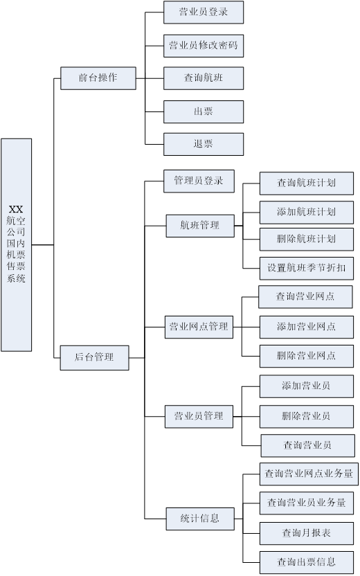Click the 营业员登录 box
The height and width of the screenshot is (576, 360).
[x=204, y=12]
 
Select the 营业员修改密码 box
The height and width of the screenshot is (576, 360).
[x=204, y=46]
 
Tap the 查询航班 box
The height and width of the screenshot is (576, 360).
[x=204, y=78]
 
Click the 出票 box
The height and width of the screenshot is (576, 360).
[x=204, y=111]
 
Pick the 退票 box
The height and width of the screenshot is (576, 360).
[x=204, y=144]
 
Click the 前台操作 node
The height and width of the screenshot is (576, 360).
[x=98, y=78]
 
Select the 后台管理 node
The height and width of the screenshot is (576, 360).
[x=94, y=357]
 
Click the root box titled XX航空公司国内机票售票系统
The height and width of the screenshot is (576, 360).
[x=16, y=244]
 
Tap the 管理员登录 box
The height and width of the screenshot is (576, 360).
[x=199, y=181]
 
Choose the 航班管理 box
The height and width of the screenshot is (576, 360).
[x=200, y=226]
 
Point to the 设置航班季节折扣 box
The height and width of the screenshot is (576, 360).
[x=307, y=268]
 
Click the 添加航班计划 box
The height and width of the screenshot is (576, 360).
[x=307, y=213]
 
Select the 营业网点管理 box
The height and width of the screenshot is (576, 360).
[x=199, y=327]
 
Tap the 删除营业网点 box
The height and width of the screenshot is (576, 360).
[x=307, y=356]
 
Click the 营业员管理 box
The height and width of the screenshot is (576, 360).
[x=199, y=417]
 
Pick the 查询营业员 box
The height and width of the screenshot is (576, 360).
[x=308, y=446]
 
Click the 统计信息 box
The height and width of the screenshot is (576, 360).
[x=200, y=519]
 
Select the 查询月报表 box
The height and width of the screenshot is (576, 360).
[x=307, y=533]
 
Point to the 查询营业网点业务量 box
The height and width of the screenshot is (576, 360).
[x=309, y=474]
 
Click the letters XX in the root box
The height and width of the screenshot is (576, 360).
[x=16, y=209]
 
